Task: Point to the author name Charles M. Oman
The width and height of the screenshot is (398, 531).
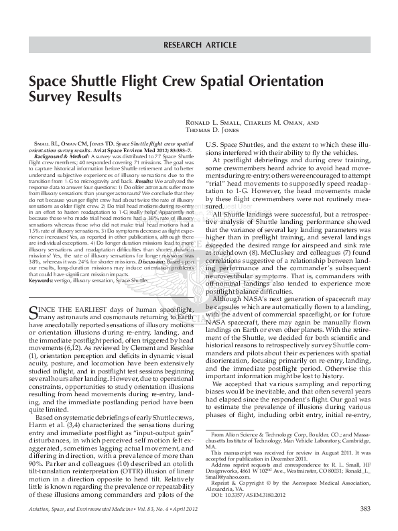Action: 276,123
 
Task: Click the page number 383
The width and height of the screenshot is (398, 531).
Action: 364,509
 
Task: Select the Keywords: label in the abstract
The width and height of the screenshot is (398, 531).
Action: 43,280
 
